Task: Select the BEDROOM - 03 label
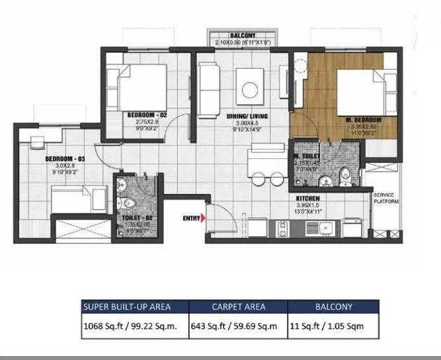click(x=65, y=159)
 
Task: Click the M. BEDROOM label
click(x=366, y=120)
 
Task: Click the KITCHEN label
click(x=309, y=198)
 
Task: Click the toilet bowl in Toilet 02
click(x=131, y=201)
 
